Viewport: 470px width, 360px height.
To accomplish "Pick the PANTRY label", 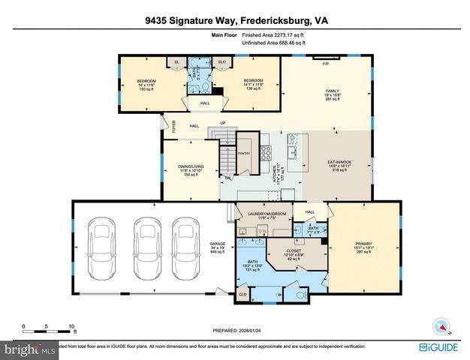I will point(243,153).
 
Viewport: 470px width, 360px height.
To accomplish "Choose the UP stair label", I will point(222,124).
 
